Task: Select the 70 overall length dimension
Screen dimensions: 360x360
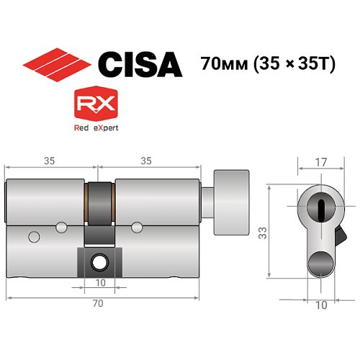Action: tap(98, 304)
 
